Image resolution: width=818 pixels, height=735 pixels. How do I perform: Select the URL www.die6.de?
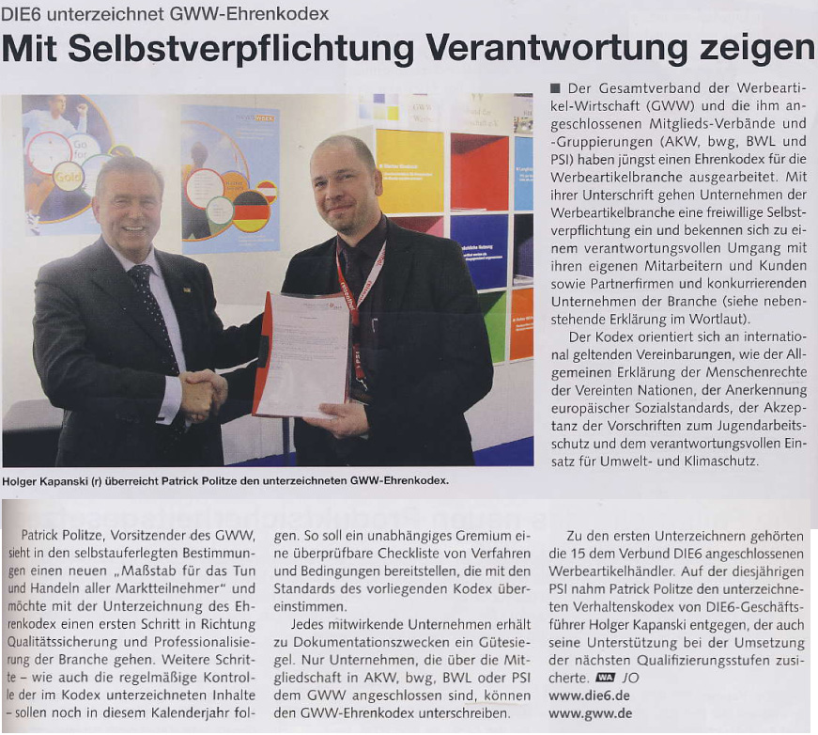(590, 696)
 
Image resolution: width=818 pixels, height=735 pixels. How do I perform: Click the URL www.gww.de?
(590, 713)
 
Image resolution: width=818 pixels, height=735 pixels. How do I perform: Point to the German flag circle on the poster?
(251, 210)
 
